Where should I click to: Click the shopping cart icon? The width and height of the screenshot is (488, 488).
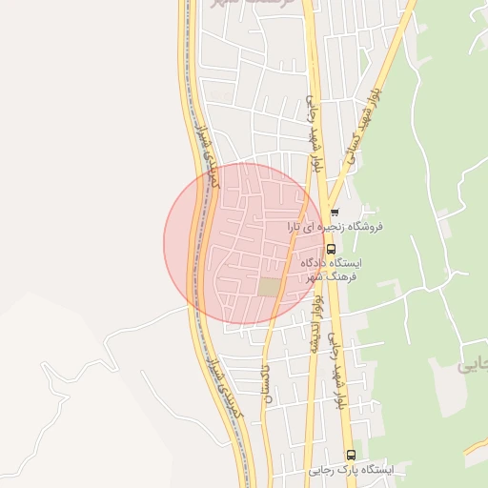[334, 212]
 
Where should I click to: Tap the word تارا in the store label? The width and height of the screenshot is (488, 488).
[298, 227]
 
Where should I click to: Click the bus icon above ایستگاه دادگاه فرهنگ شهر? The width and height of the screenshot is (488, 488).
[331, 245]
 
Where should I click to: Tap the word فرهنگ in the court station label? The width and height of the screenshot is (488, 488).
[338, 275]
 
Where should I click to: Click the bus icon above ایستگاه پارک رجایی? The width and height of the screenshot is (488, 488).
[351, 455]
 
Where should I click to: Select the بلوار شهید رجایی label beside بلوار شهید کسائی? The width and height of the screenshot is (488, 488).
[314, 132]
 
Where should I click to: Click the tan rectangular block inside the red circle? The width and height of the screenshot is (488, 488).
[270, 287]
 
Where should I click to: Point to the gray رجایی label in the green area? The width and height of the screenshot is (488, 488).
[473, 364]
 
